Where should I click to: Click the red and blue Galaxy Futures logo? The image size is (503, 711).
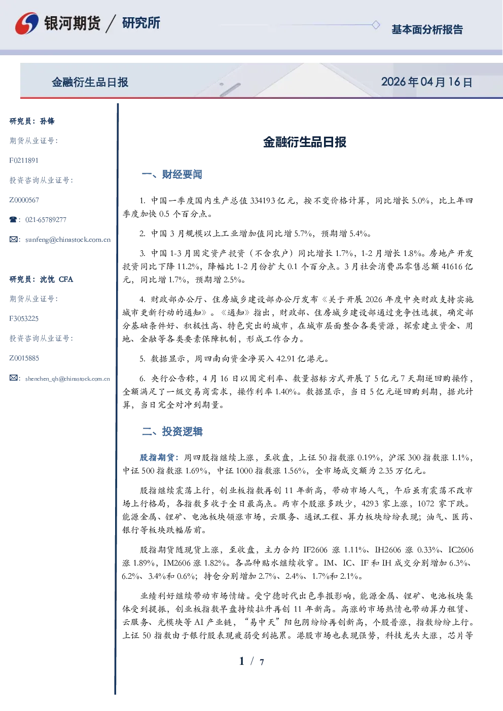(x=27, y=23)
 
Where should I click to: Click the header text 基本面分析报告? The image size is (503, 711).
(x=427, y=29)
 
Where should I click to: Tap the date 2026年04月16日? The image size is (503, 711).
(x=426, y=82)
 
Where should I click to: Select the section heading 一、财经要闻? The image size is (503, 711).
(x=172, y=174)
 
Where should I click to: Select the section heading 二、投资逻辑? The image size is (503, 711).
(x=172, y=431)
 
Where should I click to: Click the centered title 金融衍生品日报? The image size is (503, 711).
(x=305, y=142)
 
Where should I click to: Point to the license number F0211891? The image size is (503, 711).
(x=24, y=160)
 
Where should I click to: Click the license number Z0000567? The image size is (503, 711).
(x=24, y=200)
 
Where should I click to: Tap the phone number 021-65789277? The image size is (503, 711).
(x=46, y=219)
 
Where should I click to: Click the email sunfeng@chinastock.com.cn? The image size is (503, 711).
(x=68, y=240)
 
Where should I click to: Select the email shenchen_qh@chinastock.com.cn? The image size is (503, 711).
(x=67, y=379)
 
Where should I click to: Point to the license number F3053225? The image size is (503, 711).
(x=24, y=319)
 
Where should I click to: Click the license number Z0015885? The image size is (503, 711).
(x=24, y=358)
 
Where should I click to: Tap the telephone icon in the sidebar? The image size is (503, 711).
(x=13, y=219)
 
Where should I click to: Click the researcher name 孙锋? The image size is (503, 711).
(x=47, y=121)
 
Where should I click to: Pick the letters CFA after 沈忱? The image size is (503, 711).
(x=66, y=279)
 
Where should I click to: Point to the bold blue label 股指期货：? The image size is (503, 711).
(x=160, y=458)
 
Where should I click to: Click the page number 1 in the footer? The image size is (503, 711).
(x=242, y=661)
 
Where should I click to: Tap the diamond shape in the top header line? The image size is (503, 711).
(x=376, y=25)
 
